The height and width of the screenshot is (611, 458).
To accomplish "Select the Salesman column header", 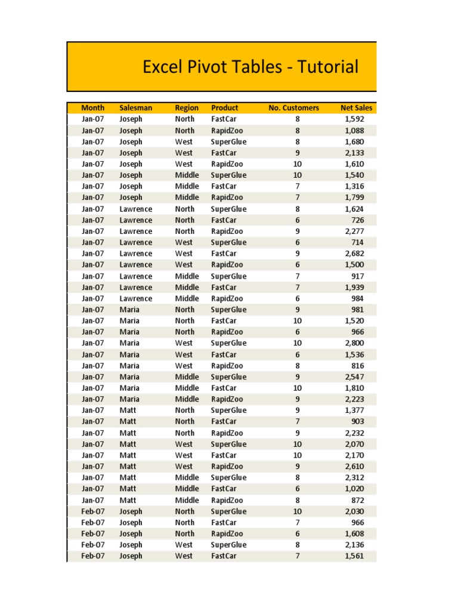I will pos(135,108).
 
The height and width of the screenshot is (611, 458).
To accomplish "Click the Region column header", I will pos(187,108).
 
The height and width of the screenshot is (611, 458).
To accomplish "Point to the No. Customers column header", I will pos(293,108).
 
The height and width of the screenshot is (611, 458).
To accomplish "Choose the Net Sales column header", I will pos(356,108).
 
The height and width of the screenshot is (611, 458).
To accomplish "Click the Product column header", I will pos(224,108).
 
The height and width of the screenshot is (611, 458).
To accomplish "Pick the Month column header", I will pos(92,108).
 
